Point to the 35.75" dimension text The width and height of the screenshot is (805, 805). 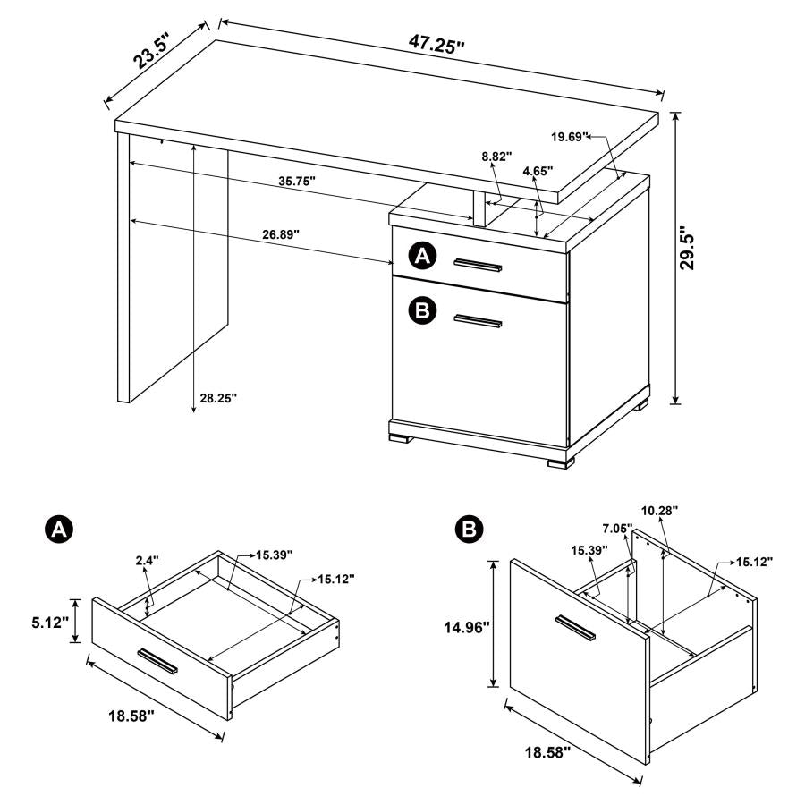point(296,181)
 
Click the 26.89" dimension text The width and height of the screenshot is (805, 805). point(280,234)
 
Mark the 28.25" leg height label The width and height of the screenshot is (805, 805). point(218,398)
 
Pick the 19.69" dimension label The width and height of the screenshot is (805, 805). point(570,137)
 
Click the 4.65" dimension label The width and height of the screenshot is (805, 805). point(538,169)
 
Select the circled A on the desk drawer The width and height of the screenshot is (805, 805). point(422,258)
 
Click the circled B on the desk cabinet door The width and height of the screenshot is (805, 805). point(422,310)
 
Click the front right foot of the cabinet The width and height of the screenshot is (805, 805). point(559,462)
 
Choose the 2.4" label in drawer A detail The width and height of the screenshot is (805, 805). point(148,561)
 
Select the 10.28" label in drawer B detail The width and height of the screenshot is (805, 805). point(659,510)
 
